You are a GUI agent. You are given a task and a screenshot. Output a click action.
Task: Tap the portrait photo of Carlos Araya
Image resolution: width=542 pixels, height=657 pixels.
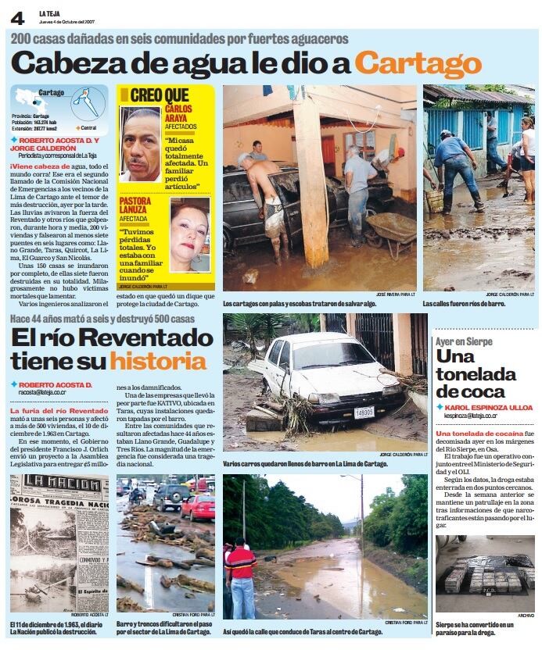[141, 145]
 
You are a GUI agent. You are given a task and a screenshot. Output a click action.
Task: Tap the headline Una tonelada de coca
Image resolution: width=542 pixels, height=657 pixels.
[476, 374]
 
